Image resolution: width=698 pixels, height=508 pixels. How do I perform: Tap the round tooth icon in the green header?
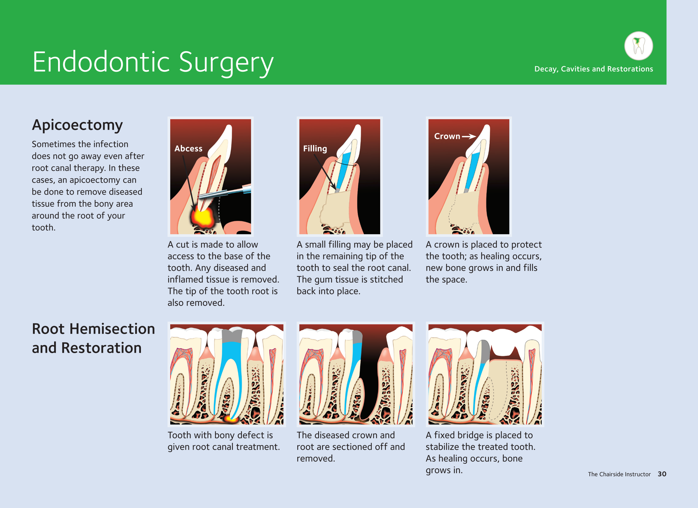pos(639,46)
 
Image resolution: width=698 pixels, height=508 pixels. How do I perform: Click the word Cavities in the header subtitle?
pos(575,69)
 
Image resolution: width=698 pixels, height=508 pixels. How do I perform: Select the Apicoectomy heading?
pos(77,126)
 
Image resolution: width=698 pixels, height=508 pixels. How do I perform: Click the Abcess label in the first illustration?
pos(188,148)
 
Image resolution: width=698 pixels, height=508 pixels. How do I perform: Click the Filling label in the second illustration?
pos(315,149)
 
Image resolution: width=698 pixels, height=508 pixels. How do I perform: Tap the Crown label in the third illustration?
pos(447,136)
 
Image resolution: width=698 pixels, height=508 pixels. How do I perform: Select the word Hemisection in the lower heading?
pos(112,329)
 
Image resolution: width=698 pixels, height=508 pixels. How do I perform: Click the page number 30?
pos(662,474)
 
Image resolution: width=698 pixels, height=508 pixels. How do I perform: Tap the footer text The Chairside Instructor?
pos(619,474)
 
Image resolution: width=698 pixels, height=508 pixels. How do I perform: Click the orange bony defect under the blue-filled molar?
pos(230,418)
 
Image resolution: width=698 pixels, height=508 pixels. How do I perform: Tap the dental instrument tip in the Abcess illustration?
pos(203,196)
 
